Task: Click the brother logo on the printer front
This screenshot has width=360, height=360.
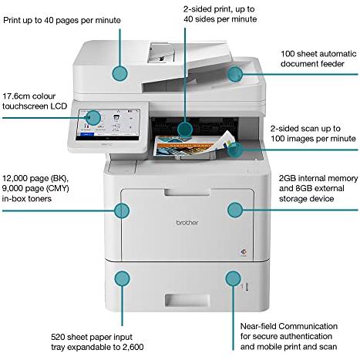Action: pos(187,223)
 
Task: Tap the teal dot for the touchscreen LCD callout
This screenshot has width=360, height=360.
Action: pos(93,118)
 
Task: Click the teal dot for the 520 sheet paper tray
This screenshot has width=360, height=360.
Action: pos(122,278)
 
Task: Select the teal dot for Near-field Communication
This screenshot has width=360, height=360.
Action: pos(233,278)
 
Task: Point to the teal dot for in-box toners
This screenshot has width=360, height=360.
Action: pos(122,210)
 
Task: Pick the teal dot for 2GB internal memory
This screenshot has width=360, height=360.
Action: pos(235,210)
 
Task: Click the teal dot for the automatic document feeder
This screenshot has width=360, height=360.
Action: pos(235,74)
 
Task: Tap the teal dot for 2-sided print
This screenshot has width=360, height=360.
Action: pos(185,129)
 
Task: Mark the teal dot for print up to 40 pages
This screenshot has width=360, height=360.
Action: pos(119,73)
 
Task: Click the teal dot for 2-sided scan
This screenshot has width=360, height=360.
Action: pos(236,150)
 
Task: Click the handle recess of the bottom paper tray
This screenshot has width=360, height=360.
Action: pos(187,300)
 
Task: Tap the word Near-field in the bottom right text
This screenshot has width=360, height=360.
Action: pos(258,326)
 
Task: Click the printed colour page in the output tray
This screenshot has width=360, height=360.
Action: pos(194,146)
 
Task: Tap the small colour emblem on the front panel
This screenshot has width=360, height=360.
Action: pos(243,252)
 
